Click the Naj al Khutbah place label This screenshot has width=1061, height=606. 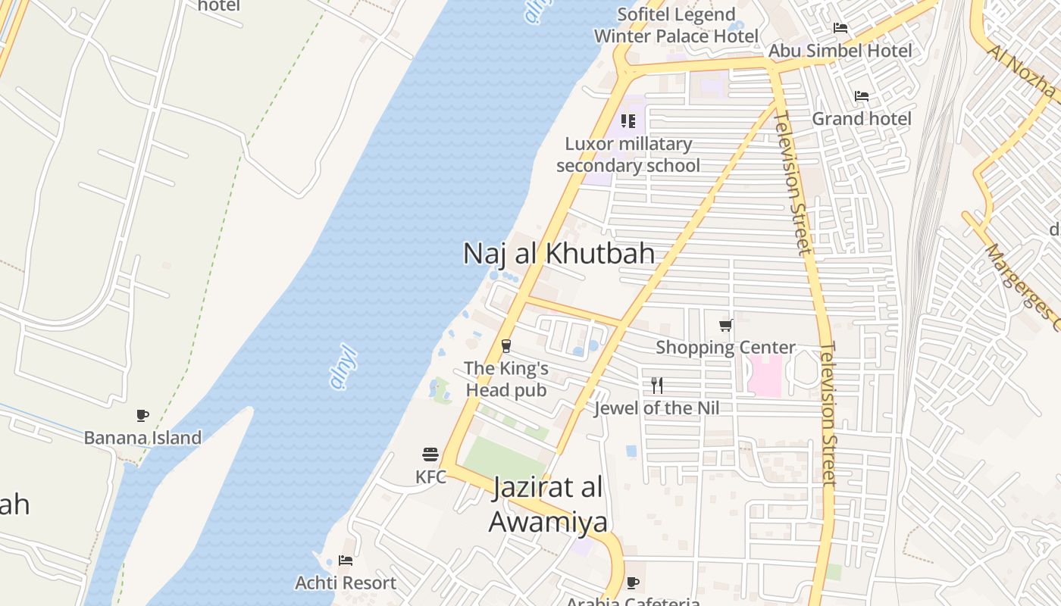(559, 253)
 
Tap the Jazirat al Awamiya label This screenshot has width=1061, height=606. (548, 504)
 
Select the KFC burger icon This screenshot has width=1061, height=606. (430, 454)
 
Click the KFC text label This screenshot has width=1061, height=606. (430, 477)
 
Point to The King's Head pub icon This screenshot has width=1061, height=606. (506, 346)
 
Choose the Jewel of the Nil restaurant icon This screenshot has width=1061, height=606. (656, 386)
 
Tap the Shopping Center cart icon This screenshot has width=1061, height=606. (726, 326)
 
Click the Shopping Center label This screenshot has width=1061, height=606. (725, 348)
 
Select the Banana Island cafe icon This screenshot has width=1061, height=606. (142, 415)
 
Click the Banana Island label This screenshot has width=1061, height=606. (142, 438)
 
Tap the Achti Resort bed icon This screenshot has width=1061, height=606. (346, 561)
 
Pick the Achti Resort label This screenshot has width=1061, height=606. (346, 583)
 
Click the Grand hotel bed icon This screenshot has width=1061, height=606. (862, 96)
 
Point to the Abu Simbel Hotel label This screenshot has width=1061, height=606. (840, 51)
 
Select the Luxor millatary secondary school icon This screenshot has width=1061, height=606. (628, 121)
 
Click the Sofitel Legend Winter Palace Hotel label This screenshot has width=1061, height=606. (676, 26)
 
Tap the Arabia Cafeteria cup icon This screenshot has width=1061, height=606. (633, 583)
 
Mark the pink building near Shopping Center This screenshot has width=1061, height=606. (765, 375)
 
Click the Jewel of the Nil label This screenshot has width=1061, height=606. (656, 408)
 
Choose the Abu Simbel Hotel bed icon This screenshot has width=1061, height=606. (840, 28)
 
